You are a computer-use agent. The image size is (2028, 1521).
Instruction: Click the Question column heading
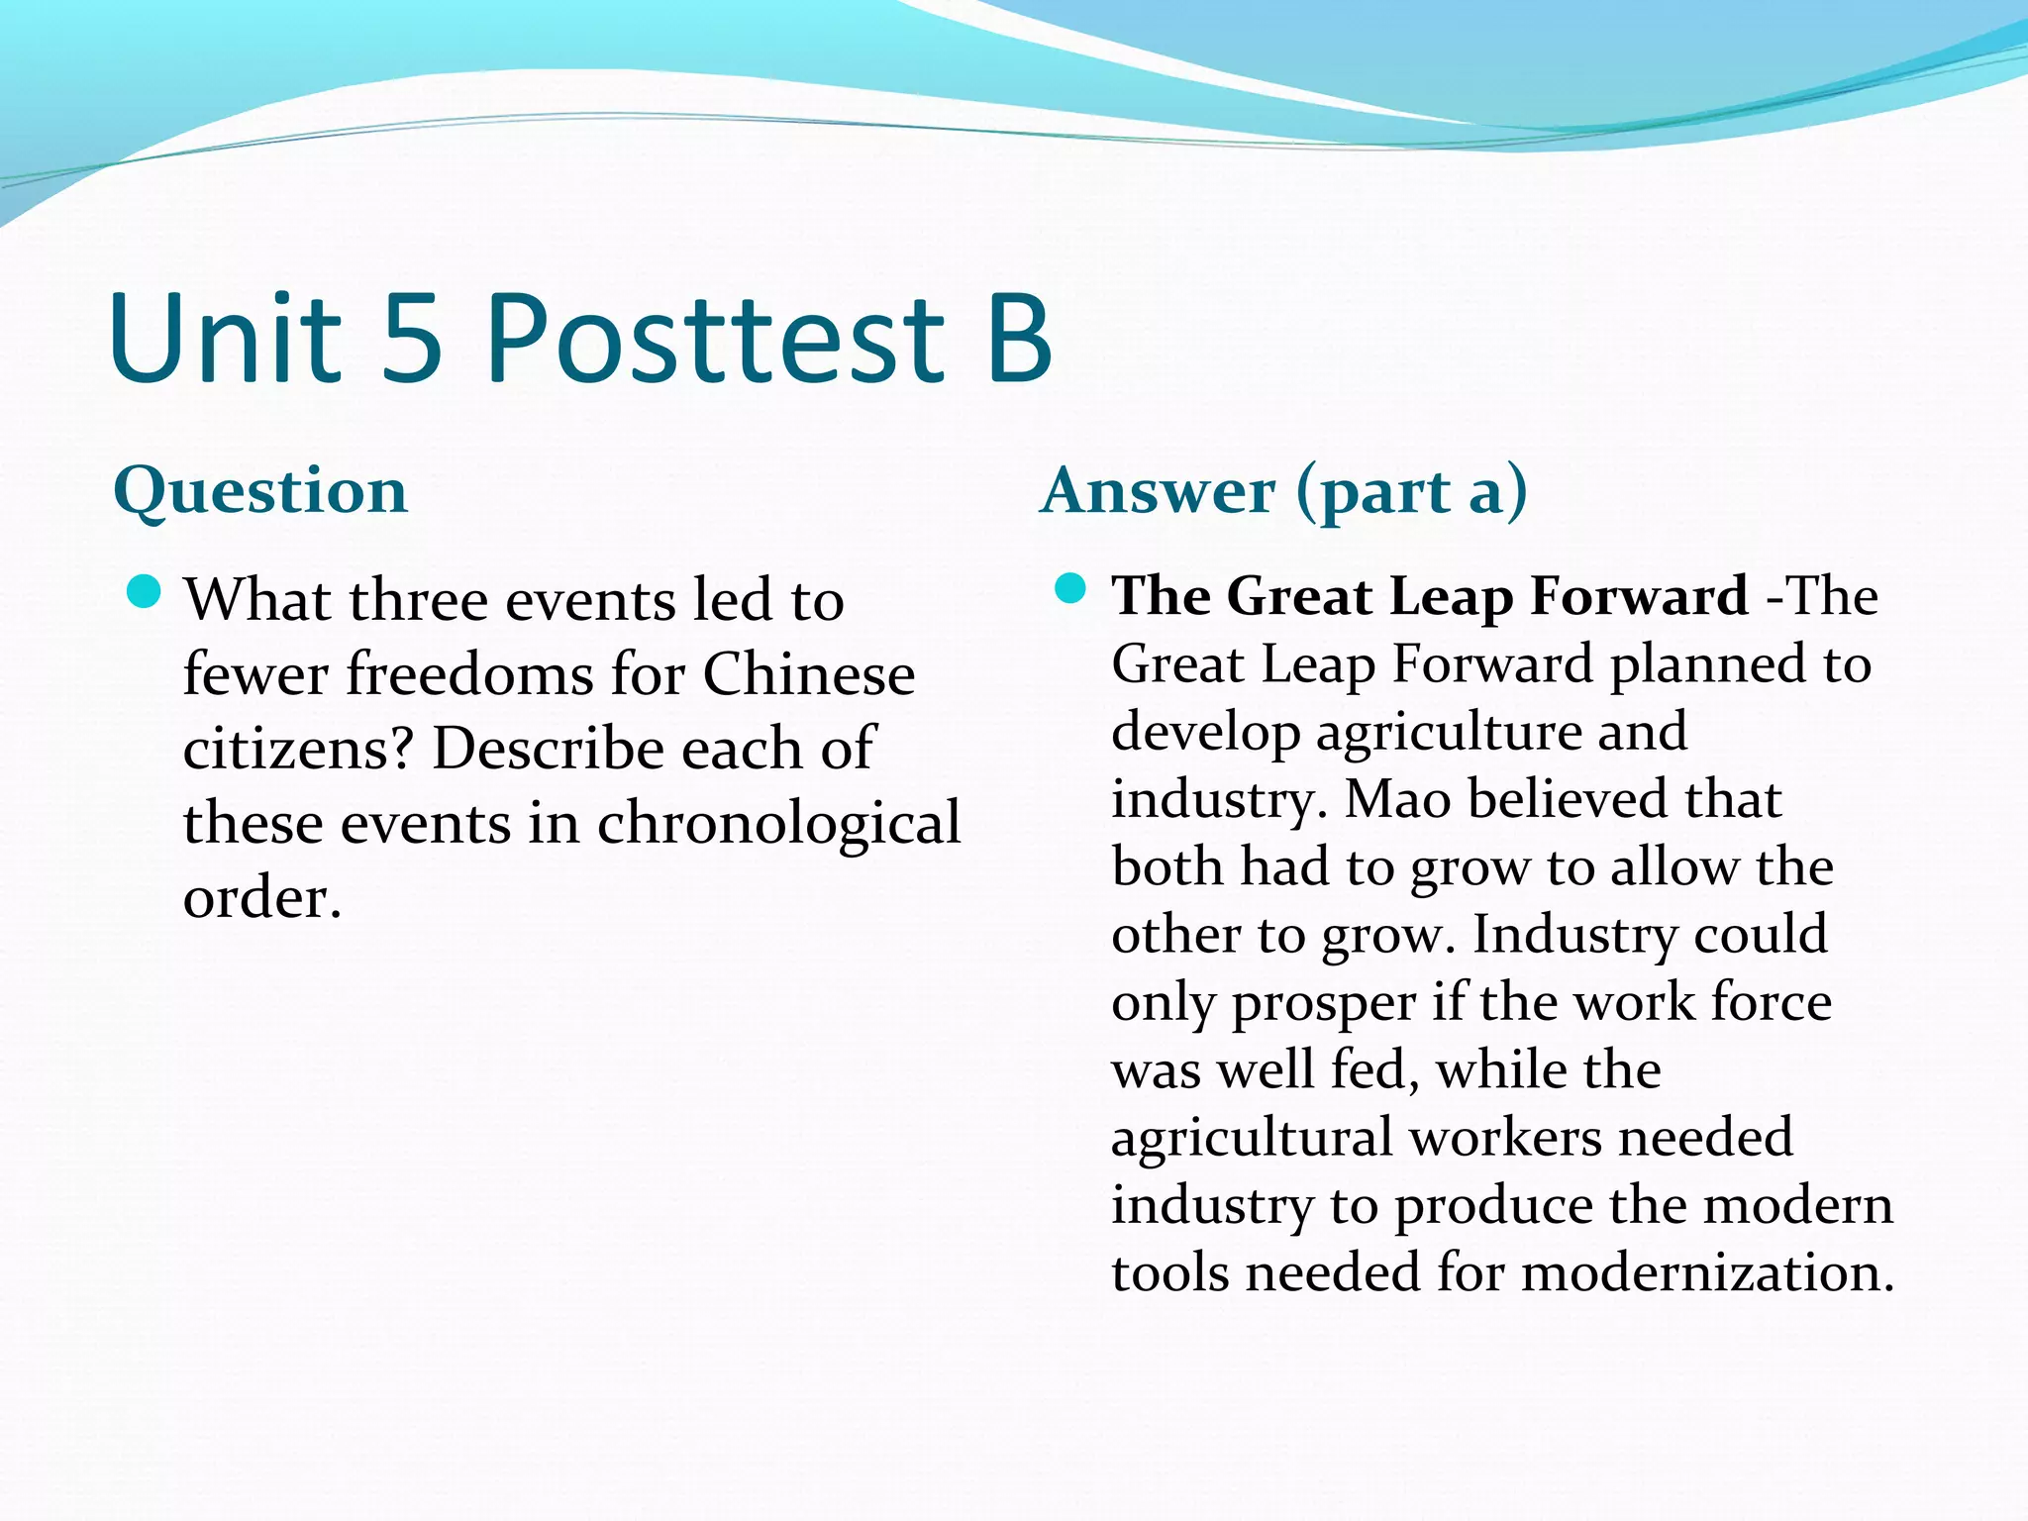coord(260,492)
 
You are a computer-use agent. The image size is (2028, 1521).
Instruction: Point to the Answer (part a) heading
coord(1283,492)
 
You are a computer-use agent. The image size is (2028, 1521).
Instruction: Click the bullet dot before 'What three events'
coord(145,593)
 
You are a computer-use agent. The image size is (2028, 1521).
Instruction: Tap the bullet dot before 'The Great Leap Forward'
coord(1070,589)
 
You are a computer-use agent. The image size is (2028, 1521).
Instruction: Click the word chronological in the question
coord(778,824)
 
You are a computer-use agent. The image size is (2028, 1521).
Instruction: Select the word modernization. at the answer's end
coord(1707,1273)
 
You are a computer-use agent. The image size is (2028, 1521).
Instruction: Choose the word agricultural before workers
coord(1252,1139)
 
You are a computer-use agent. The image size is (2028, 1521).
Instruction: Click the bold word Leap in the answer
coord(1451,597)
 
